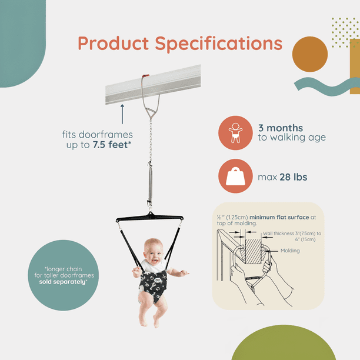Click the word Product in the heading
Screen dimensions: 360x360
[113, 43]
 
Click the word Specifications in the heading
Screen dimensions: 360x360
[219, 44]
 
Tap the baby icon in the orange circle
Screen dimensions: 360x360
[235, 133]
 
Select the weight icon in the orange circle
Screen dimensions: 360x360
[235, 176]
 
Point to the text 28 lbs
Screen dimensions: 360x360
[293, 177]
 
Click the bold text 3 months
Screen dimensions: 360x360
[281, 128]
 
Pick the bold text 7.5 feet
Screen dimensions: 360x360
[110, 145]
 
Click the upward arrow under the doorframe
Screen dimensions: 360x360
[122, 114]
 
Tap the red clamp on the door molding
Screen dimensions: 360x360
[145, 75]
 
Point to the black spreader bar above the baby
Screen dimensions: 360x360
[149, 217]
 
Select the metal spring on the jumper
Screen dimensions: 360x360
[150, 184]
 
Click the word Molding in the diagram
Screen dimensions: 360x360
[290, 251]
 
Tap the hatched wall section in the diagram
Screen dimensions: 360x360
[254, 251]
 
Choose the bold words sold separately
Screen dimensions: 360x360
[63, 282]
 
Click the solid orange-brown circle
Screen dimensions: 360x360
[310, 54]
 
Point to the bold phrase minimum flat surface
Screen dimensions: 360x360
[279, 217]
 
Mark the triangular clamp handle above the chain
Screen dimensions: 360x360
[151, 113]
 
